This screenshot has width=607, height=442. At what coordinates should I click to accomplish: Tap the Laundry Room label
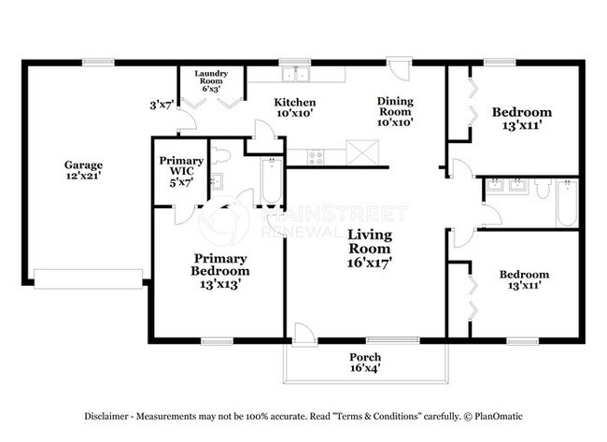click(x=211, y=78)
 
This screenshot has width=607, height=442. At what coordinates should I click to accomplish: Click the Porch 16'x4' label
click(x=365, y=363)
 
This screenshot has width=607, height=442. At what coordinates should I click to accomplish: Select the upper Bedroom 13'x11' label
click(x=521, y=119)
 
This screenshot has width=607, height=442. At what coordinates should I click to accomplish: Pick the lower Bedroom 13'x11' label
click(x=523, y=280)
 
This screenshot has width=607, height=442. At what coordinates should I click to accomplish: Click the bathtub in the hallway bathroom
click(x=567, y=203)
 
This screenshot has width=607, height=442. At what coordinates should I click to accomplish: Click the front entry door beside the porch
click(x=304, y=332)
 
